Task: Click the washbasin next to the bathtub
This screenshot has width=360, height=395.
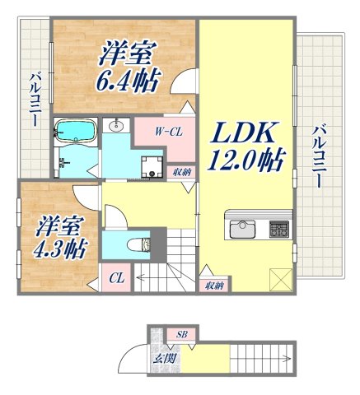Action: [x=115, y=126]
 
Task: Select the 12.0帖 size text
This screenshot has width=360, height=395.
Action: [x=246, y=161]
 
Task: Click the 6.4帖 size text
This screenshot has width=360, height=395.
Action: [x=129, y=83]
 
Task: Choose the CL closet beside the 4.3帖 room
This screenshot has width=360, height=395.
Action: [x=117, y=279]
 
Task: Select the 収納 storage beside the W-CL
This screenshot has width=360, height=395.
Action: [x=183, y=172]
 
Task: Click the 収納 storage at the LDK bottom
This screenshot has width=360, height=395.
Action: [x=214, y=285]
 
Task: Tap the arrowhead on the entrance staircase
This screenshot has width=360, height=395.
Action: [x=288, y=358]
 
